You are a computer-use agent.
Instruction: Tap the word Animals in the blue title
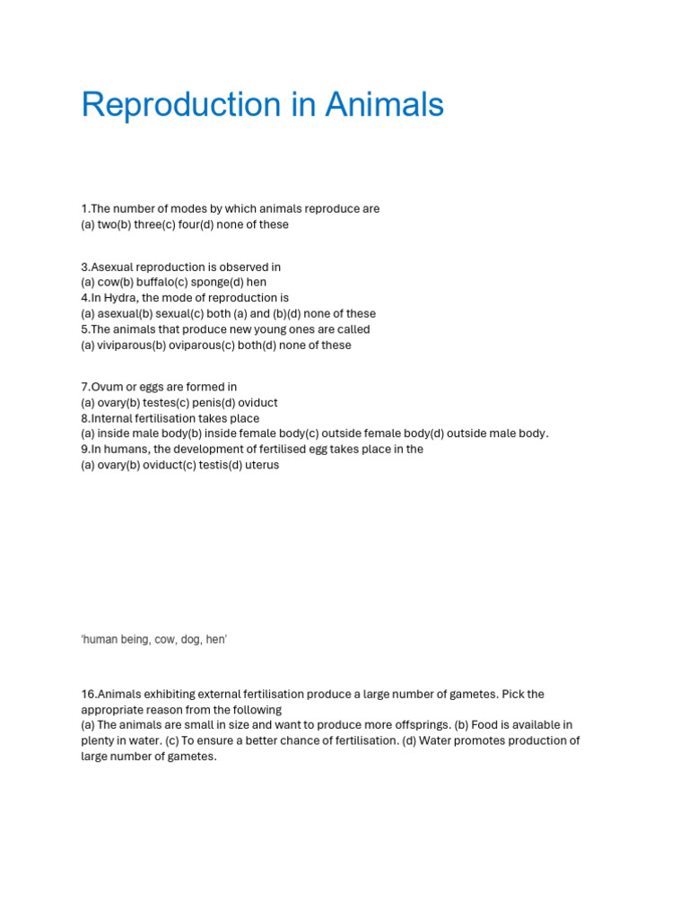pyautogui.click(x=384, y=106)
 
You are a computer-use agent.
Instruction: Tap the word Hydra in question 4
pyautogui.click(x=121, y=298)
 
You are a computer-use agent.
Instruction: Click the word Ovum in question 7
pyautogui.click(x=106, y=387)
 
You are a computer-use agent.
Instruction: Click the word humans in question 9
pyautogui.click(x=123, y=449)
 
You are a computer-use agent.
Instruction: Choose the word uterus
pyautogui.click(x=261, y=465)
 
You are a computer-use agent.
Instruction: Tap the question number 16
pyautogui.click(x=88, y=695)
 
